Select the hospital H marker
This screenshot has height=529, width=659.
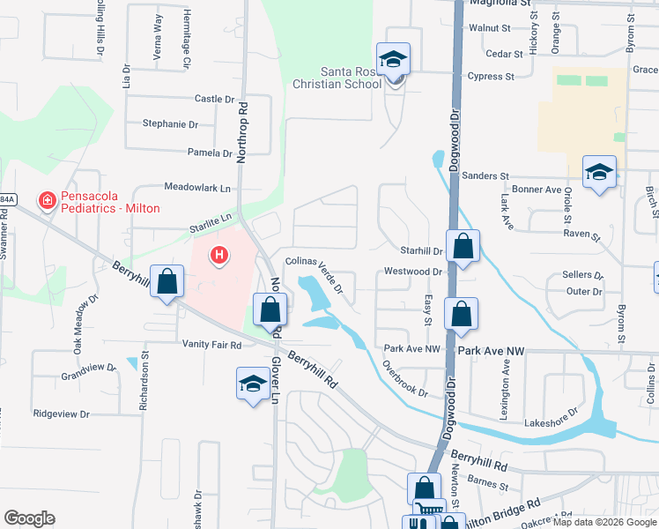(x=218, y=257)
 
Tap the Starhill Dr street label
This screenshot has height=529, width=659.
(x=420, y=251)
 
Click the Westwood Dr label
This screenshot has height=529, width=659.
(x=413, y=272)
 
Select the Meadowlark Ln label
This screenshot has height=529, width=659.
(x=197, y=188)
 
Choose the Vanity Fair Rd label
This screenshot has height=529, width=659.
(x=211, y=345)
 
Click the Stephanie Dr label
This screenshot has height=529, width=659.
(x=170, y=124)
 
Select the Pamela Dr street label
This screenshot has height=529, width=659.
(x=210, y=153)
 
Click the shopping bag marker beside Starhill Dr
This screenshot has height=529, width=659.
(x=463, y=247)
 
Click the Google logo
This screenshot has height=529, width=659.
(x=29, y=518)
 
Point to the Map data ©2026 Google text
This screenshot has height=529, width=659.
(x=603, y=522)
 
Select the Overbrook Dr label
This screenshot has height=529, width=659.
(x=405, y=380)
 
